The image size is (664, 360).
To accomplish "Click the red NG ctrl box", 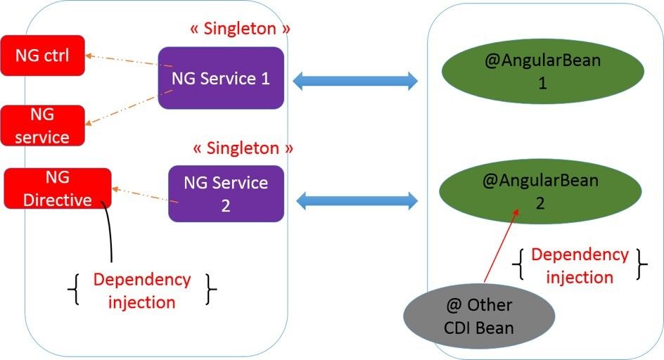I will [x=42, y=56].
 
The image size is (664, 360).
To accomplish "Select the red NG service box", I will [x=42, y=125].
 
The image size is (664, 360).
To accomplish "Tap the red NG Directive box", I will [x=58, y=188].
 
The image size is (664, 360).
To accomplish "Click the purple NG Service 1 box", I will [x=221, y=78].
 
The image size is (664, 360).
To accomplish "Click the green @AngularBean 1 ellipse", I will [x=542, y=72].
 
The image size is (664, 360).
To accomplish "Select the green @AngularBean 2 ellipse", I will [x=540, y=191].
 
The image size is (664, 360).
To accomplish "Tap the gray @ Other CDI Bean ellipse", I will [x=479, y=316].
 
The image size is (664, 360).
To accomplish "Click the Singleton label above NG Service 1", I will [x=240, y=29].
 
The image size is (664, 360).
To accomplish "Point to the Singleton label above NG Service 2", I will [x=242, y=148].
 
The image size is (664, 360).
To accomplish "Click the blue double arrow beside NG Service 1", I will [x=355, y=81].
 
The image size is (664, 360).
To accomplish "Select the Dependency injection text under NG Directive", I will [x=142, y=290].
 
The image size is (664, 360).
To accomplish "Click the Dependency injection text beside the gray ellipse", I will [x=580, y=265].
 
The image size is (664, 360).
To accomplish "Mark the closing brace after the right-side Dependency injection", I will [x=641, y=265].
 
